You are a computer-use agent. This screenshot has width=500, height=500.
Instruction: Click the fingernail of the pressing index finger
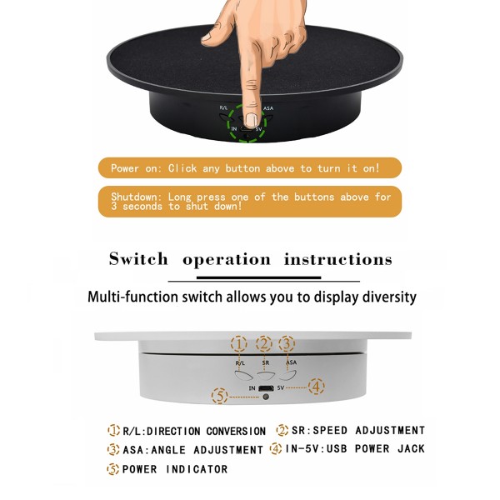pyautogui.click(x=251, y=99)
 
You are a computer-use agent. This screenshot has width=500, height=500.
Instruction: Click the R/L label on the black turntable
pyautogui.click(x=224, y=108)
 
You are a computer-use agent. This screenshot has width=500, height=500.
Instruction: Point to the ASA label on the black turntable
pyautogui.click(x=268, y=108)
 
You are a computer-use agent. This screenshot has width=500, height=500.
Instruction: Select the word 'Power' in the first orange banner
pyautogui.click(x=125, y=168)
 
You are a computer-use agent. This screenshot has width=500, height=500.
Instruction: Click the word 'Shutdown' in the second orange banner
pyautogui.click(x=137, y=197)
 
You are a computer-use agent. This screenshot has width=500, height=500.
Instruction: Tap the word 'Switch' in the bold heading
pyautogui.click(x=138, y=259)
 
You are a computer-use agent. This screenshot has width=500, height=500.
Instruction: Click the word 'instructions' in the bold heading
pyautogui.click(x=337, y=259)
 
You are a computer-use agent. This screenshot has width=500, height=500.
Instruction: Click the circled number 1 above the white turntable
pyautogui.click(x=239, y=343)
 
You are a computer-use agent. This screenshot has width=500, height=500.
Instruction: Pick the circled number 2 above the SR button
pyautogui.click(x=265, y=343)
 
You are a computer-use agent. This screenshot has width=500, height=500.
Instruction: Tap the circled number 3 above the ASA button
pyautogui.click(x=287, y=343)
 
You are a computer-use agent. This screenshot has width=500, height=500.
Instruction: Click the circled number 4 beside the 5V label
pyautogui.click(x=317, y=387)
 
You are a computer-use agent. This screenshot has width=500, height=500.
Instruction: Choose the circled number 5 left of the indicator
pyautogui.click(x=219, y=397)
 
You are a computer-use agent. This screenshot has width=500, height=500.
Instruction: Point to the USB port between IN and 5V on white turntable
pyautogui.click(x=266, y=388)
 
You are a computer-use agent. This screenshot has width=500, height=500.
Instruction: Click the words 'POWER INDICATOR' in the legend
pyautogui.click(x=175, y=469)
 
